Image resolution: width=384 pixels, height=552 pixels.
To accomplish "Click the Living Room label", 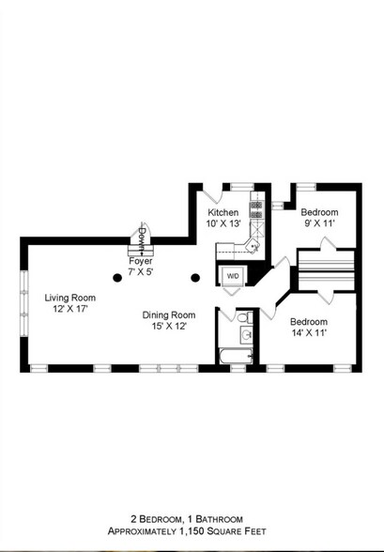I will pos(65,298).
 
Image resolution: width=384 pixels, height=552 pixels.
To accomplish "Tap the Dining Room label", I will pos(169,314).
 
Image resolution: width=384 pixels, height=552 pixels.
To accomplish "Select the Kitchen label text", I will pos(223,213).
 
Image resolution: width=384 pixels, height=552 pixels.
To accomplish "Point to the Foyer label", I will pos(142,260).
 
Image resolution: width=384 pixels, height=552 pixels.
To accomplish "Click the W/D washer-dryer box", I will pos(232,275).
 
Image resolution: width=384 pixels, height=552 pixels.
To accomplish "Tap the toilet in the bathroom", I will pos(246,334).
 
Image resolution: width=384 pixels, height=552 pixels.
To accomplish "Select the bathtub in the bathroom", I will pos(236,356).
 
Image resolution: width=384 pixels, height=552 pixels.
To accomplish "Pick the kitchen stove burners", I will pos(255,208).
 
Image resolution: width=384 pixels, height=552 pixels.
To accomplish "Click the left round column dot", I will pos(117,277).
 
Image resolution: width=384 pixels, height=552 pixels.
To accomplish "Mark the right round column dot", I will pos(195,277).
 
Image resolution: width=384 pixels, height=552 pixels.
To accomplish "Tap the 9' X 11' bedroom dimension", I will pos(318,224).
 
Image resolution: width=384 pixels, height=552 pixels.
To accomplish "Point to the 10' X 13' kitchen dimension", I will pos(224,224).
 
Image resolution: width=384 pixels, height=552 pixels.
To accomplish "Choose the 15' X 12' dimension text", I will pos(169,326).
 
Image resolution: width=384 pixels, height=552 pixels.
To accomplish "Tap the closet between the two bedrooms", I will pos(325,269).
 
